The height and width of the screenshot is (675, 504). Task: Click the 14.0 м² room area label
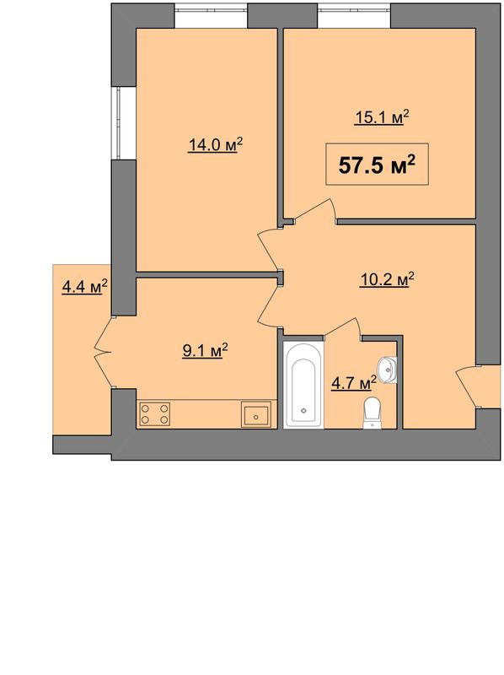216,144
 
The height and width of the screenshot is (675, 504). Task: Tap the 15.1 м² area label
382,116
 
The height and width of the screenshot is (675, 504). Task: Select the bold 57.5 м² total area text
377,165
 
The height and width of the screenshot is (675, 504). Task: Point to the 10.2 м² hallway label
387,279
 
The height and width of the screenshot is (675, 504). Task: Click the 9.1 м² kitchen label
205,351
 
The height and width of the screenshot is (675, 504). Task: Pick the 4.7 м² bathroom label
353,382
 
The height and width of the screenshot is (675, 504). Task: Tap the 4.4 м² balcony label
84,286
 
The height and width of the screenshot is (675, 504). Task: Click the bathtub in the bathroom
303,384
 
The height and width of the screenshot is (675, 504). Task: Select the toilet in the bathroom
372,413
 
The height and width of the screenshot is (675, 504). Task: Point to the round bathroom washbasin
388,369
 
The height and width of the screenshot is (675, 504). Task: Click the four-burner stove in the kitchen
155,413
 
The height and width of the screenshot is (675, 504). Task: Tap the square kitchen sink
256,414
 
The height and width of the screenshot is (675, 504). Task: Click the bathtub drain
303,410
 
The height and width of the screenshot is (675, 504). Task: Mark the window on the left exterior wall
117,123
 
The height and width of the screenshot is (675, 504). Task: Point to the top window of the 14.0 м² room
211,9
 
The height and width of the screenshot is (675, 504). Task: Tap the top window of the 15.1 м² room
354,9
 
